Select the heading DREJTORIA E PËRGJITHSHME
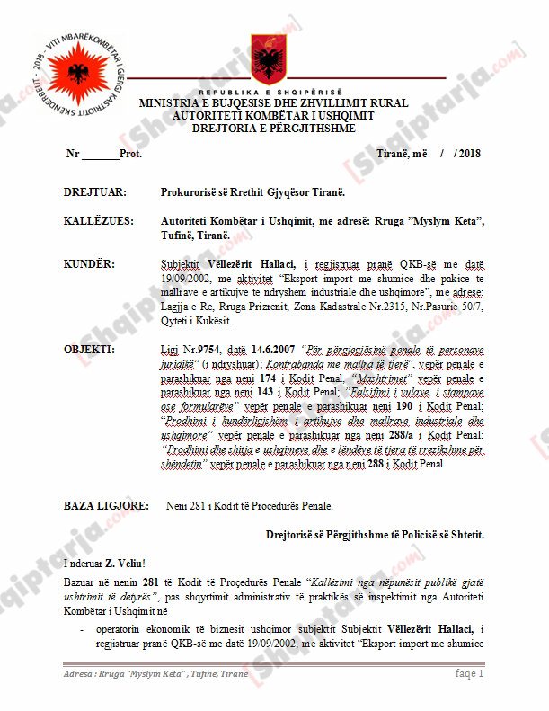274,129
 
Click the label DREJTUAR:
94,192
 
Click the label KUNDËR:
89,264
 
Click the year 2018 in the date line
469,154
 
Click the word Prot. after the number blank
130,154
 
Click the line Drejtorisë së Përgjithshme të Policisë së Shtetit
375,534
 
